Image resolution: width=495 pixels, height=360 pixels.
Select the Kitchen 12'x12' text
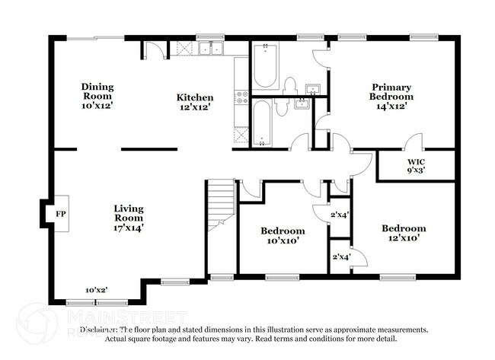coord(195,103)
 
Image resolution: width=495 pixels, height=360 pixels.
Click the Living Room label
coord(129,217)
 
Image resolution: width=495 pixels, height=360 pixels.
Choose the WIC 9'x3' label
coord(416,166)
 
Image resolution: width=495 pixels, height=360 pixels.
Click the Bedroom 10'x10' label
coord(283,235)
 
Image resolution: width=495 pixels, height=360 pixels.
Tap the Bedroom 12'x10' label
coord(404,233)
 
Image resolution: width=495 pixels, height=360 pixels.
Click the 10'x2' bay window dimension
coord(96,290)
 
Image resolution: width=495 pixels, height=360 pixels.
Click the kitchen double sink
coord(210,49)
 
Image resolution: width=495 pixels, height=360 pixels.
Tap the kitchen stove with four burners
coord(242,97)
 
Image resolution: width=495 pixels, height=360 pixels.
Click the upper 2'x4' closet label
coord(339,215)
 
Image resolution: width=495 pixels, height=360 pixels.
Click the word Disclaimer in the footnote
coord(103,330)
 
